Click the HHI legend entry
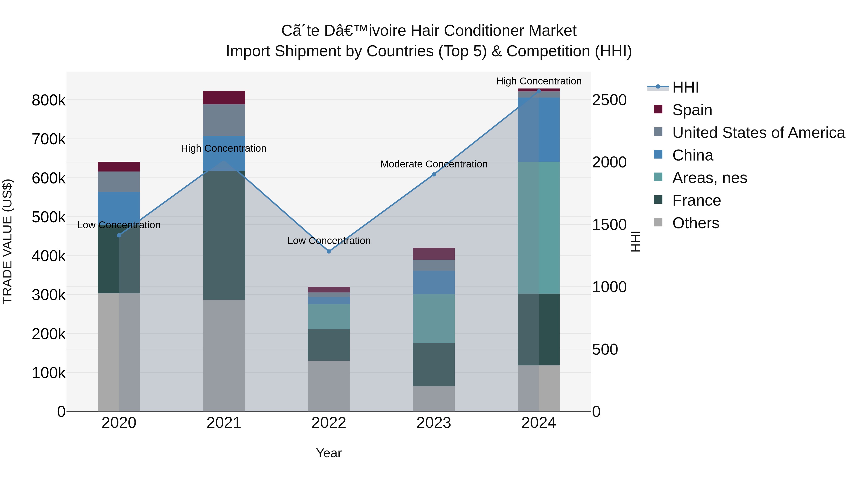pyautogui.click(x=685, y=87)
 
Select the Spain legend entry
pyautogui.click(x=692, y=110)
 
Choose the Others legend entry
pyautogui.click(x=695, y=223)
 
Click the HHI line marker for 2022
pyautogui.click(x=329, y=251)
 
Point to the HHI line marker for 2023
pyautogui.click(x=434, y=174)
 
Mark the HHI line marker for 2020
pyautogui.click(x=119, y=235)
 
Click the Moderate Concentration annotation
pyautogui.click(x=434, y=164)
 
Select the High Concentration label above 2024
pyautogui.click(x=539, y=81)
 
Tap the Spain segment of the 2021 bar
pyautogui.click(x=224, y=98)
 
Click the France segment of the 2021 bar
pyautogui.click(x=224, y=235)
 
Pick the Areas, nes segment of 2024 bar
pyautogui.click(x=539, y=228)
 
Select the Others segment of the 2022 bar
pyautogui.click(x=329, y=386)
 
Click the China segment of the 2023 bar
pyautogui.click(x=434, y=282)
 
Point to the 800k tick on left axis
pyautogui.click(x=49, y=100)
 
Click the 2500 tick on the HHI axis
pyautogui.click(x=609, y=100)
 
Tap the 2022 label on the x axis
pyautogui.click(x=329, y=423)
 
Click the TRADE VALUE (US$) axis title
pyautogui.click(x=7, y=241)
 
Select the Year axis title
pyautogui.click(x=329, y=453)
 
